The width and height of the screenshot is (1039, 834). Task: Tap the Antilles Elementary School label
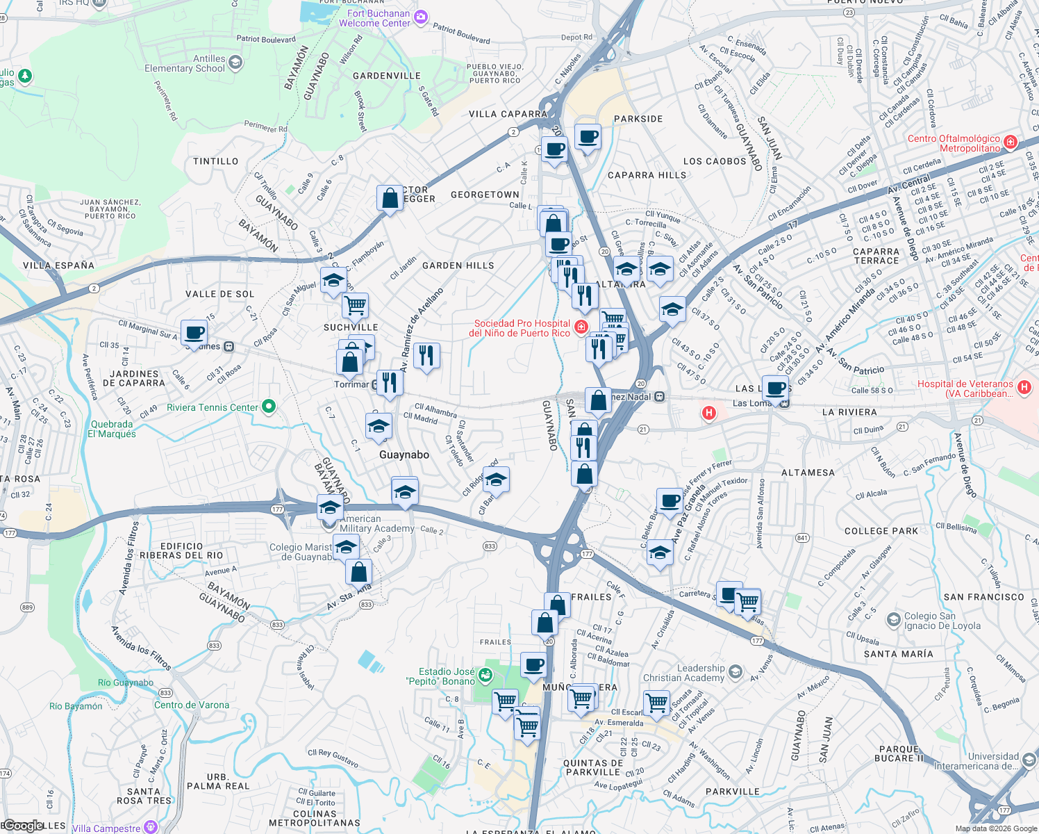pos(185,63)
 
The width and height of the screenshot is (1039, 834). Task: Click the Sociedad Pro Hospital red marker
pos(582,327)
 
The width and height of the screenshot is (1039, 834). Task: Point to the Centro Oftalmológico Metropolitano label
pos(954,143)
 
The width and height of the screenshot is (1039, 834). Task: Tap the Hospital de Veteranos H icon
pos(1024,387)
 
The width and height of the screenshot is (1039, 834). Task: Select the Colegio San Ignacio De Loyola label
pos(942,621)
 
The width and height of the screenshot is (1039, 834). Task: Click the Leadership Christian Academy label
pos(683,673)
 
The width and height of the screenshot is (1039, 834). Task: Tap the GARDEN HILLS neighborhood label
pos(458,265)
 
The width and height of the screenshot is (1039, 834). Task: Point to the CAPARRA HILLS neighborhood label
pos(647,175)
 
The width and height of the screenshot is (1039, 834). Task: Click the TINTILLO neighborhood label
pos(216,161)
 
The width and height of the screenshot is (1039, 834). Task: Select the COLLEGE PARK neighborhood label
pos(881,531)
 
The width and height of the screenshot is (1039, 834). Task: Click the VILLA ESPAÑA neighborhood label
pos(58,265)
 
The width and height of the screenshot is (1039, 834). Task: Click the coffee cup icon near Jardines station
pos(194,332)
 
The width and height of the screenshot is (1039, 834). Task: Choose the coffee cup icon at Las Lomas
pos(776,388)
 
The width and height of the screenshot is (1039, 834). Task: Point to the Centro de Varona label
pos(192,705)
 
